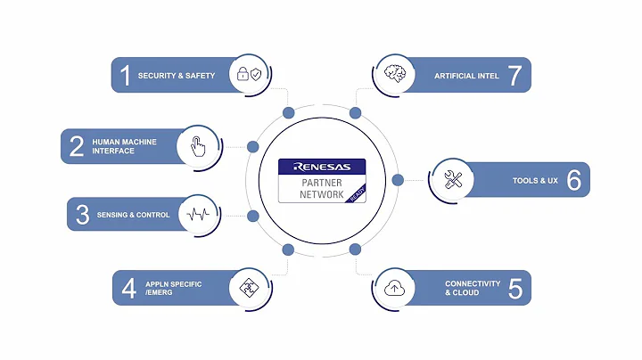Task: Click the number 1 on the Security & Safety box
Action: pyautogui.click(x=126, y=76)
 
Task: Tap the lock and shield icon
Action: pyautogui.click(x=248, y=76)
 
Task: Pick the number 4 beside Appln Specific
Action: pyautogui.click(x=129, y=288)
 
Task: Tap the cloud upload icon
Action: pyautogui.click(x=392, y=288)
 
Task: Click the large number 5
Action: pyautogui.click(x=515, y=288)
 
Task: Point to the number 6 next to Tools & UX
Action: pyautogui.click(x=573, y=181)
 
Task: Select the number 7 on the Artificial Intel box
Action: pyautogui.click(x=514, y=76)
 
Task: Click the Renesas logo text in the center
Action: pyautogui.click(x=322, y=166)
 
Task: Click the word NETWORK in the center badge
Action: pyautogui.click(x=321, y=194)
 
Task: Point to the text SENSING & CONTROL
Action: pyautogui.click(x=134, y=215)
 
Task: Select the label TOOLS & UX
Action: pyautogui.click(x=535, y=181)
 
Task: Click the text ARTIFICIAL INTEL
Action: pyautogui.click(x=466, y=76)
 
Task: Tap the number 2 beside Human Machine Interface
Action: pyautogui.click(x=77, y=146)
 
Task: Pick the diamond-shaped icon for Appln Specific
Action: pyautogui.click(x=247, y=288)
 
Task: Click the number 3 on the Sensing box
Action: pyautogui.click(x=82, y=215)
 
